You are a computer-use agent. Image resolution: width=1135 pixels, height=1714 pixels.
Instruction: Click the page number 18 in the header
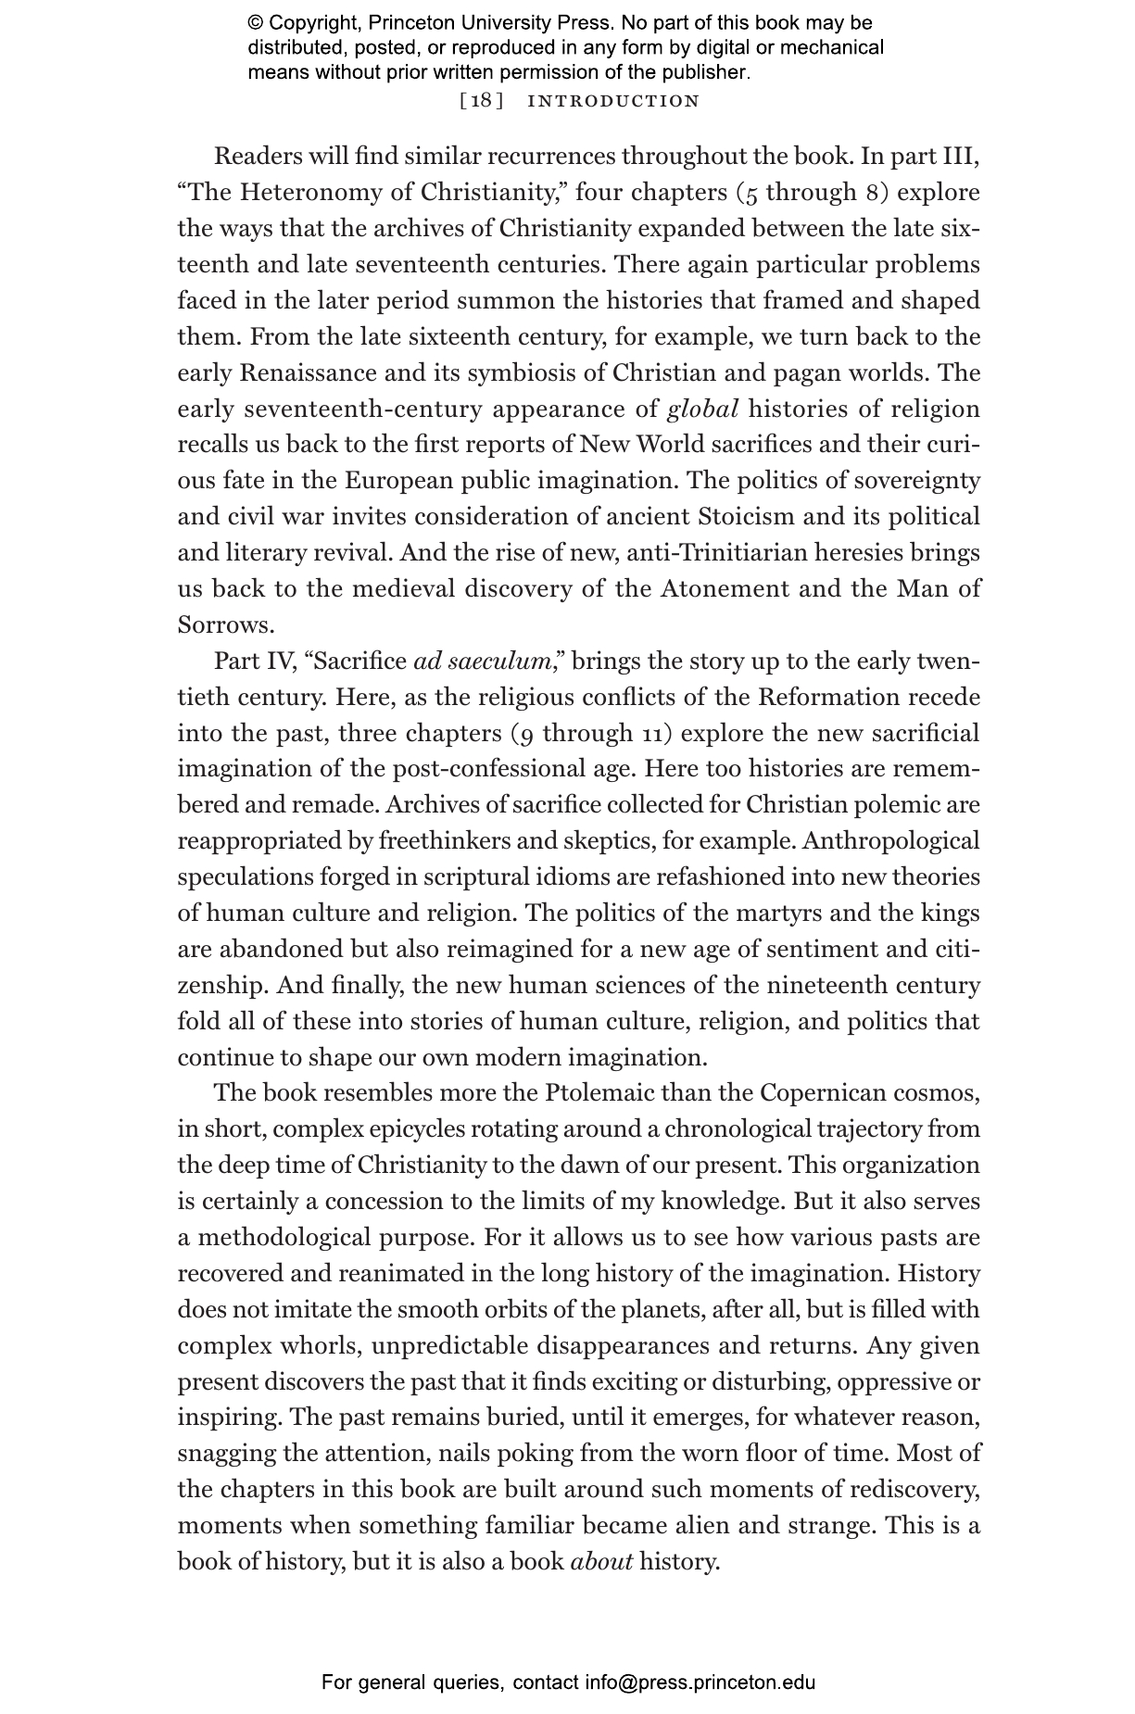481,101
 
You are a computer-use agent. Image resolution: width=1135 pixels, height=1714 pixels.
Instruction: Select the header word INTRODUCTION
612,101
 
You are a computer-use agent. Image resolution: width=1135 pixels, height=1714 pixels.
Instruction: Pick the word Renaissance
309,372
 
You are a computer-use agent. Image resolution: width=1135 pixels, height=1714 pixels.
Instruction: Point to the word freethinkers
445,840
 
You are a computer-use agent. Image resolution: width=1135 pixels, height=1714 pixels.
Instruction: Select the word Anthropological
890,840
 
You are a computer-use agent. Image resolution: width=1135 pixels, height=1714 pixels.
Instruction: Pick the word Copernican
823,1092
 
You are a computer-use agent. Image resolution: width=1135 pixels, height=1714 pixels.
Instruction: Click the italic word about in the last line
602,1561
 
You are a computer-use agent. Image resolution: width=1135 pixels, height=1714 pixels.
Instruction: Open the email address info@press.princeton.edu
700,1682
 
